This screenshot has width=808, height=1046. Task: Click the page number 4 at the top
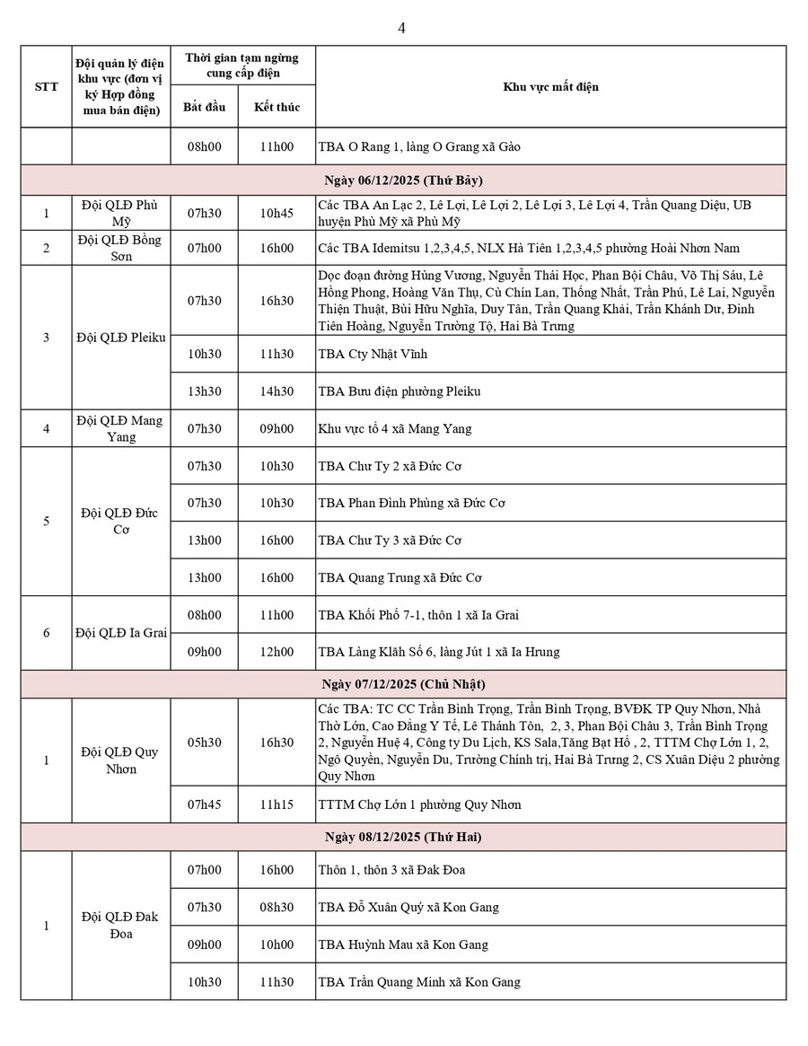(x=401, y=28)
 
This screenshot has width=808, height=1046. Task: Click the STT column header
(x=46, y=87)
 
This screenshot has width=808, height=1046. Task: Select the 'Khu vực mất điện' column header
(x=550, y=87)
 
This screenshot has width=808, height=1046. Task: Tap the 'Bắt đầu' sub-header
(x=204, y=107)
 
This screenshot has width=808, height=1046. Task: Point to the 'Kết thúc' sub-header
(x=277, y=107)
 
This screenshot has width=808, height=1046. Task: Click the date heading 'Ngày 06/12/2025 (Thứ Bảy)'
(x=403, y=179)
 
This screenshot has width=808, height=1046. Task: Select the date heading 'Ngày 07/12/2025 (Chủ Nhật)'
(x=403, y=684)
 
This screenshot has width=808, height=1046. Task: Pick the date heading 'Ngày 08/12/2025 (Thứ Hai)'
(x=403, y=837)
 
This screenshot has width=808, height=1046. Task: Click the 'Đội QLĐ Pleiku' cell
(x=120, y=338)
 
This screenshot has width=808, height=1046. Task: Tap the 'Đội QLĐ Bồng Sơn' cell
(x=120, y=248)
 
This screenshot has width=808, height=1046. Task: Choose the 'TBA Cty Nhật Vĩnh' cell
(x=373, y=354)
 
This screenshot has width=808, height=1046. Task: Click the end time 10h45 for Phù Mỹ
(x=277, y=214)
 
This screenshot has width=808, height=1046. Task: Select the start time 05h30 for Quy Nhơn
(x=204, y=743)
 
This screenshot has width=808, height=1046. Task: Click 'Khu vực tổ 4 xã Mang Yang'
(x=395, y=429)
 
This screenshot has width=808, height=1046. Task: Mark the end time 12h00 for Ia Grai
(x=277, y=652)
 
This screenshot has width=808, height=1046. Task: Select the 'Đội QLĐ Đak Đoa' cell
(x=120, y=925)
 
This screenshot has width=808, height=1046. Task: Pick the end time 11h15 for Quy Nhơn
(x=277, y=804)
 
